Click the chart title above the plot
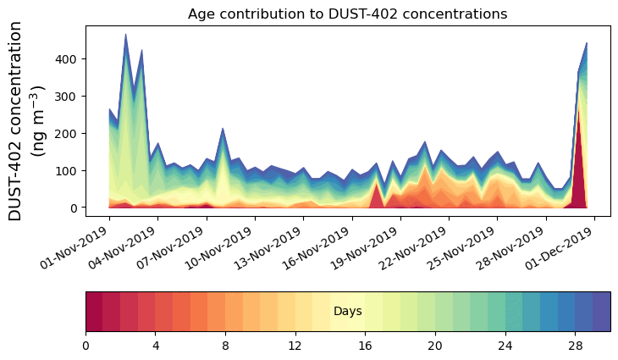(x=347, y=14)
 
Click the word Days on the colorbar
(x=348, y=312)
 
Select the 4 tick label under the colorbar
(x=156, y=346)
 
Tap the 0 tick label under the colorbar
(x=86, y=346)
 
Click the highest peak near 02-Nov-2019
(x=125, y=36)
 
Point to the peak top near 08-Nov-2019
(x=223, y=130)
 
